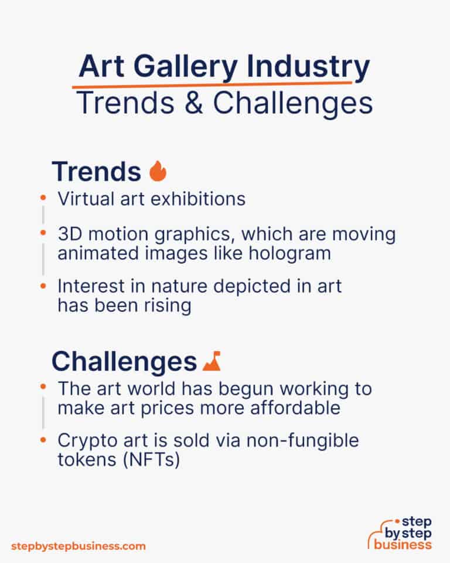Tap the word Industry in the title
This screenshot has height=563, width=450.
[304, 67]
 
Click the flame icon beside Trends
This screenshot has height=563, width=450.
[158, 172]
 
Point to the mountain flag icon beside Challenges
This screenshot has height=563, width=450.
[212, 362]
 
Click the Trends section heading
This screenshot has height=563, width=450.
[96, 171]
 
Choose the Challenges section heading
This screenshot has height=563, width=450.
[124, 362]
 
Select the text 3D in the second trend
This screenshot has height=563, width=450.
[70, 234]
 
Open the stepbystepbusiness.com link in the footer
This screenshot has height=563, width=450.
[78, 545]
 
